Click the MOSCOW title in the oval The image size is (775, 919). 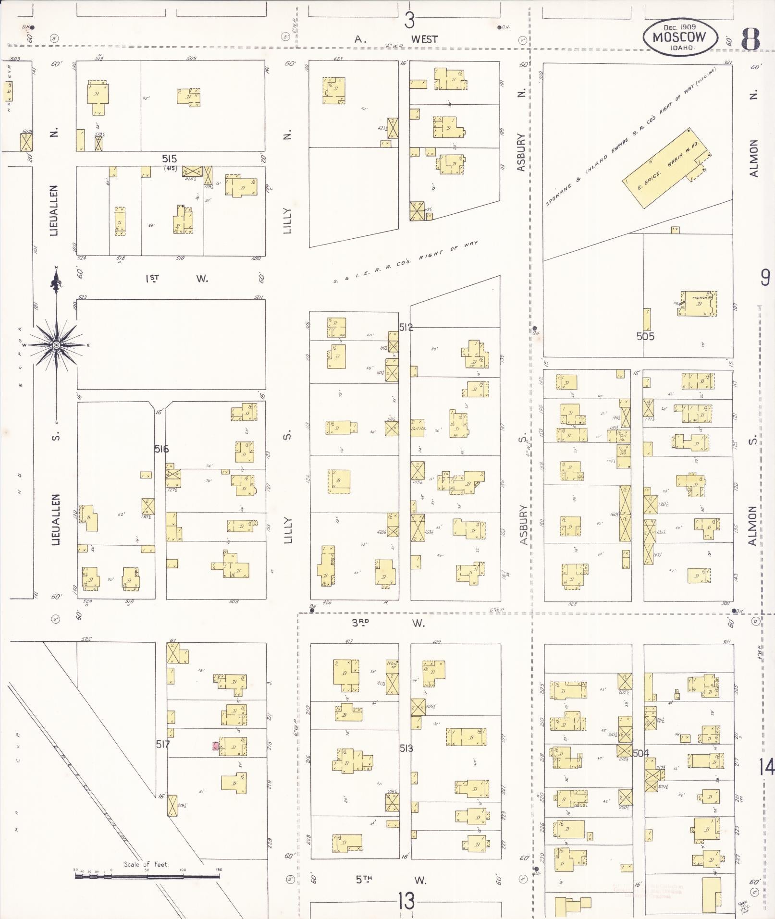[679, 37]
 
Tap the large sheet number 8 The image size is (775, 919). [750, 39]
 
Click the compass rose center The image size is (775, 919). [57, 345]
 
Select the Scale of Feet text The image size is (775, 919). [146, 864]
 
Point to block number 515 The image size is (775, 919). [169, 159]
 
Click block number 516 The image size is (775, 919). [161, 449]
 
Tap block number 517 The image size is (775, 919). [163, 744]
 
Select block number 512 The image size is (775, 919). [406, 328]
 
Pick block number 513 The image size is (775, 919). [406, 748]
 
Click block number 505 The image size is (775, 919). [645, 336]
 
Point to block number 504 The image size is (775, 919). [641, 753]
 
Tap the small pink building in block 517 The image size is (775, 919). [216, 746]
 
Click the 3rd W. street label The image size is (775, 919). [389, 623]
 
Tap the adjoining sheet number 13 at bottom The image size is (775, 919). [406, 901]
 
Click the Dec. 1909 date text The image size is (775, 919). [679, 27]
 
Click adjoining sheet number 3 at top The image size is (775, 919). [409, 21]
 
